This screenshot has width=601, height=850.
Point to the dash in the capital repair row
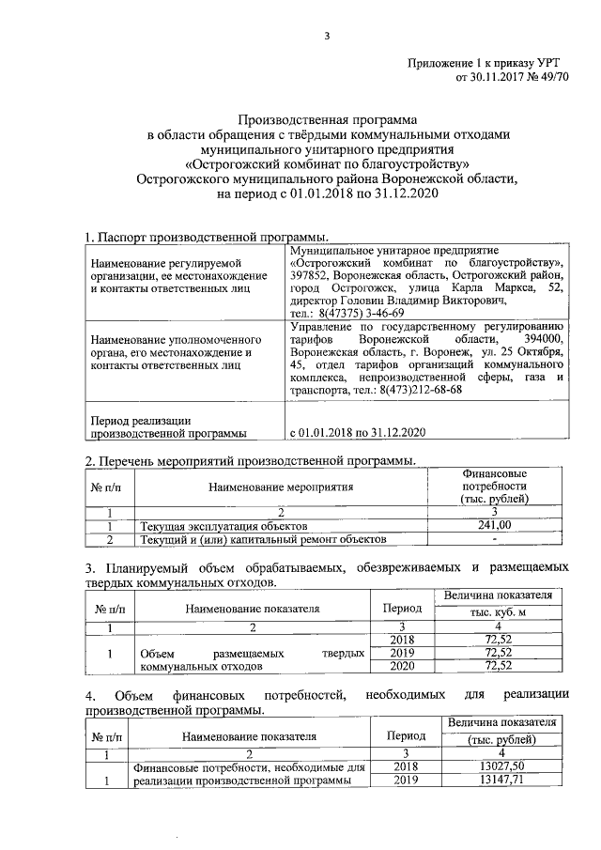pos(494,540)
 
